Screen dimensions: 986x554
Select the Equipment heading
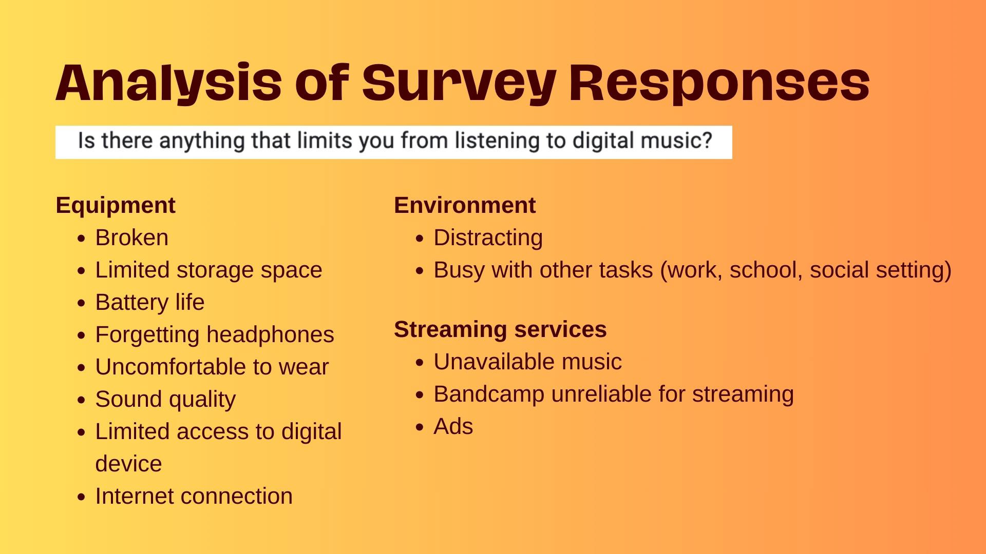(116, 206)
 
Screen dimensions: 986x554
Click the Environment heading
(465, 205)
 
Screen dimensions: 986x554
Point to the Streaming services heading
(500, 329)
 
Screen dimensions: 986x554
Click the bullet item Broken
(131, 238)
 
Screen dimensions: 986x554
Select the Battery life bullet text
(149, 302)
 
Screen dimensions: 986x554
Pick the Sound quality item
(165, 400)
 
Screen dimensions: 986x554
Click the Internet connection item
(194, 496)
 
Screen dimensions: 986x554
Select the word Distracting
(488, 238)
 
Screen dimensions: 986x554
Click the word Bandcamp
(489, 394)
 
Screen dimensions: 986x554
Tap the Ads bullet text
(453, 426)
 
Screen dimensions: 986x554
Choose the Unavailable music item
(527, 362)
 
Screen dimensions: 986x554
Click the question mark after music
(707, 140)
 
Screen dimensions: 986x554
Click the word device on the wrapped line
(128, 464)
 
